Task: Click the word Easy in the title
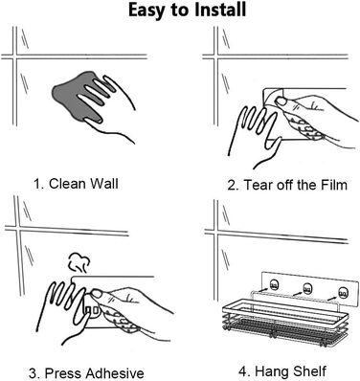[147, 11]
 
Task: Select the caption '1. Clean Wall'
[76, 184]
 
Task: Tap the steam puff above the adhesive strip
[79, 262]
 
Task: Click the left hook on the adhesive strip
[274, 284]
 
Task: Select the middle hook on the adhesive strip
[307, 289]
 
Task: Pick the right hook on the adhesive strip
[343, 292]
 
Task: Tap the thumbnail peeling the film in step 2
[281, 101]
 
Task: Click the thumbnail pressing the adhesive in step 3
[97, 293]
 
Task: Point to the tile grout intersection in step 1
[14, 56]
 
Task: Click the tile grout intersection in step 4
[216, 231]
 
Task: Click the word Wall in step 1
[104, 184]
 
